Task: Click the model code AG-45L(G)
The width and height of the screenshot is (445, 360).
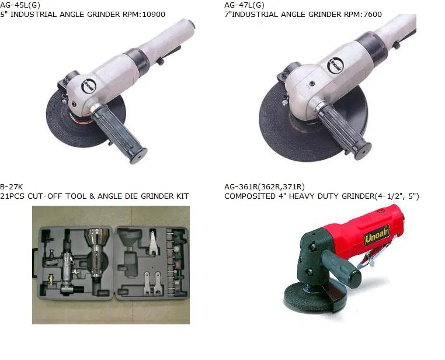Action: coord(20,5)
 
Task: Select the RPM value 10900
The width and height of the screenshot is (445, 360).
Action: coord(154,14)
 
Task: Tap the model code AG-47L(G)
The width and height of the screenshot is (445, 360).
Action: coord(244,5)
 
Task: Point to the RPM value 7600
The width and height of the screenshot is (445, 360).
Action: coord(373,14)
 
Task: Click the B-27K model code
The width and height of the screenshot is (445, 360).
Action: coord(11,187)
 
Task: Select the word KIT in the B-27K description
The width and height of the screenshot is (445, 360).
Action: coord(182,196)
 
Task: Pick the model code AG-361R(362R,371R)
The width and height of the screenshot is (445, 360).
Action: coord(265,187)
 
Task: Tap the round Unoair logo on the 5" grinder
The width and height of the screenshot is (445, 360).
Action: coord(89,86)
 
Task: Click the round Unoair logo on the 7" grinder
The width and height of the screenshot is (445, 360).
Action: coord(335,65)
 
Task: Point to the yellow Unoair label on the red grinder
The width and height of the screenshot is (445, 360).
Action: coord(377,235)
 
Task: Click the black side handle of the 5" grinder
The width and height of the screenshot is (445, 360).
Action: coord(119,133)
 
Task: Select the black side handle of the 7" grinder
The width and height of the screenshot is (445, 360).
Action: coord(343,130)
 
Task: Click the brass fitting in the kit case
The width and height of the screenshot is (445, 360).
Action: coord(51,279)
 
